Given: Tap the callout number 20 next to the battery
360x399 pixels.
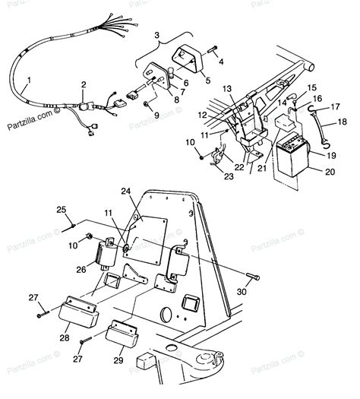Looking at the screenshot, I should point(329,173).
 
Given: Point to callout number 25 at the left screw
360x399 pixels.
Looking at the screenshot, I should point(61,209).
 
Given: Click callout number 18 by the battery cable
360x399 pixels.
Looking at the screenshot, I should point(341,121).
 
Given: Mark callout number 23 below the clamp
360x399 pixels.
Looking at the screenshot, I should point(226,176).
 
